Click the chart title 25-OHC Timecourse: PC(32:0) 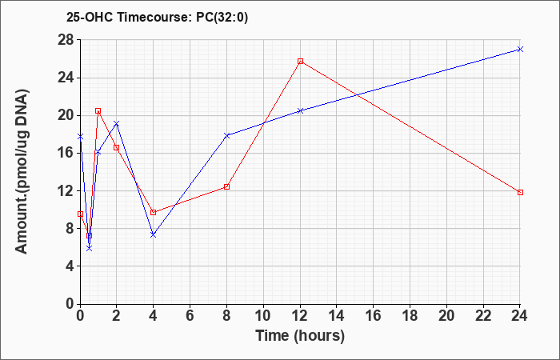tap(157, 18)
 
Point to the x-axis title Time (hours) tap(300, 336)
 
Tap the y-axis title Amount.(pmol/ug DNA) tap(22, 171)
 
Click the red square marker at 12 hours tap(300, 61)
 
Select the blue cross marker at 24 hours tap(520, 50)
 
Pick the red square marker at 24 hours tap(520, 193)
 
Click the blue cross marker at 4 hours tap(154, 234)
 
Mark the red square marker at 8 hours tap(226, 186)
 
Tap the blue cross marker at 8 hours tap(226, 135)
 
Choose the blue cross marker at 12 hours tap(300, 110)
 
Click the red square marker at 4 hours tap(154, 213)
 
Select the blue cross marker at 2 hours tap(117, 123)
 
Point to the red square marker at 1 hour tap(98, 111)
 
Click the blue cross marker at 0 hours tap(80, 137)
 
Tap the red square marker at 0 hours tap(80, 214)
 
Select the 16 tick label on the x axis tap(374, 316)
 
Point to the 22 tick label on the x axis tap(483, 316)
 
